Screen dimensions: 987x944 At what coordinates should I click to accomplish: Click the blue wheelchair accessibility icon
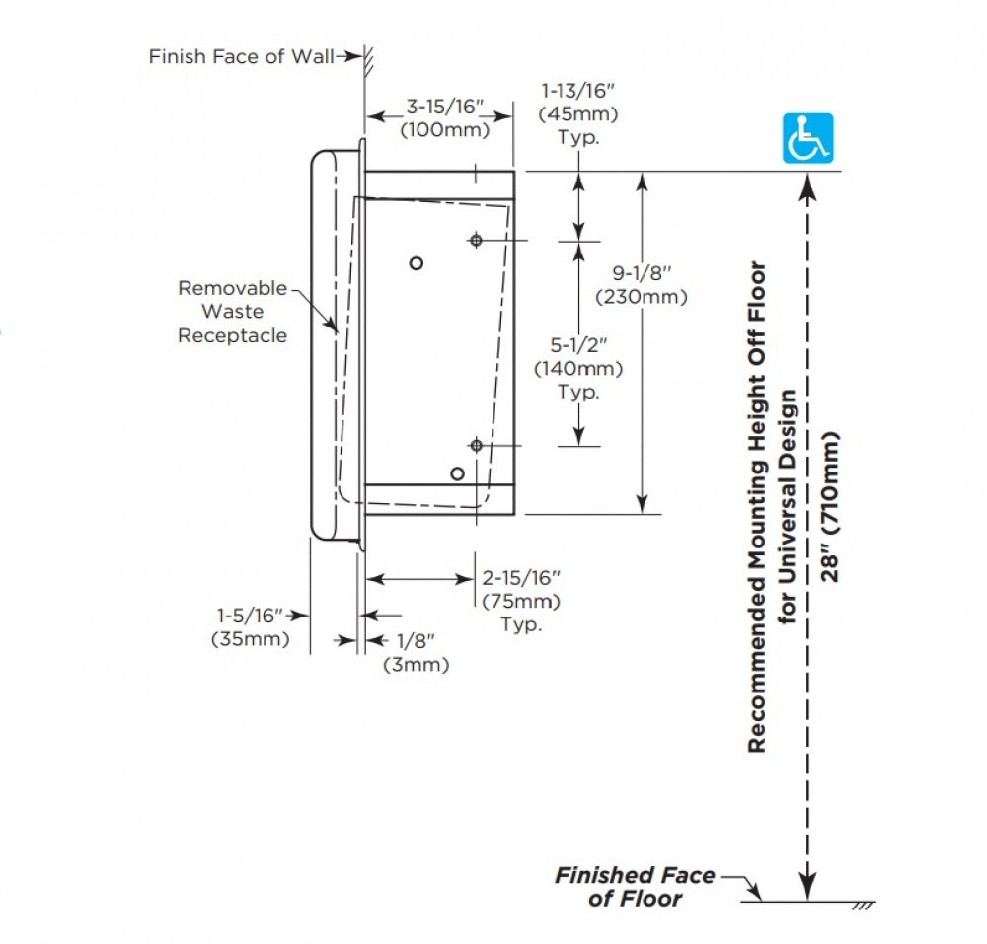point(807,138)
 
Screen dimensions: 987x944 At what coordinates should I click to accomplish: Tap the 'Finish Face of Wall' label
point(241,56)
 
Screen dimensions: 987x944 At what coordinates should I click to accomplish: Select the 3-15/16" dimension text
point(444,107)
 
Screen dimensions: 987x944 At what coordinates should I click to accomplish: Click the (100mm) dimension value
point(445,130)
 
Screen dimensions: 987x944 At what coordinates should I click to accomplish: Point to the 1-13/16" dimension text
point(577,91)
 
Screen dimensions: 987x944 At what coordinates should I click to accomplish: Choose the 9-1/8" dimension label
point(643,273)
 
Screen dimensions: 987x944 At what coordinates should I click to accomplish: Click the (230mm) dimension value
point(642,297)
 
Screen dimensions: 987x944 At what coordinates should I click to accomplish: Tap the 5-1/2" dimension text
point(578,344)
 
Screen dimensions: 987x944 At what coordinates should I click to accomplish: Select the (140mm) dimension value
point(578,369)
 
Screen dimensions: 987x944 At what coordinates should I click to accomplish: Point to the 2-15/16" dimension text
point(521,577)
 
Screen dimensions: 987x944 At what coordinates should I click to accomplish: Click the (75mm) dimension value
point(521,602)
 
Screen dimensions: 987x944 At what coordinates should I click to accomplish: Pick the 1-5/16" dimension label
point(250,616)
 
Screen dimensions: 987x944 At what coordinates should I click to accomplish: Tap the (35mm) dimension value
point(251,639)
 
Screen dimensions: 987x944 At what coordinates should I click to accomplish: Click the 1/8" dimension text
point(417,641)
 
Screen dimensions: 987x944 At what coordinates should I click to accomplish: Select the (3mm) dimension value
point(417,665)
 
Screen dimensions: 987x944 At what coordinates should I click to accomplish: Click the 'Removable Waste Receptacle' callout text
point(232,312)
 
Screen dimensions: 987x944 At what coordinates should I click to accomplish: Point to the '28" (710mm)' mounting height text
point(830,507)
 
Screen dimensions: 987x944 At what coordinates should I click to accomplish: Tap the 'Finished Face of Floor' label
point(635,887)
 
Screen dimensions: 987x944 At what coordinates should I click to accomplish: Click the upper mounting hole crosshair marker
point(476,241)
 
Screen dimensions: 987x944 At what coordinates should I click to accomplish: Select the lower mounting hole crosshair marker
point(477,446)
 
